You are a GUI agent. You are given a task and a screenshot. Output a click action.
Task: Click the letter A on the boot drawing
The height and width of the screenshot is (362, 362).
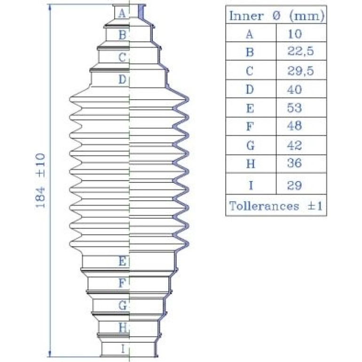pyautogui.click(x=122, y=13)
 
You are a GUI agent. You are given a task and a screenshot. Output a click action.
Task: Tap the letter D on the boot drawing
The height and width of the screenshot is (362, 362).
pyautogui.click(x=122, y=79)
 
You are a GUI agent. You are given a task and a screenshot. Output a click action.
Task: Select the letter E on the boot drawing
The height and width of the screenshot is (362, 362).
pyautogui.click(x=122, y=261)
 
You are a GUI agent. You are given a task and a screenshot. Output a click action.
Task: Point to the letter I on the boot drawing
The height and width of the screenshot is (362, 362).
pyautogui.click(x=123, y=349)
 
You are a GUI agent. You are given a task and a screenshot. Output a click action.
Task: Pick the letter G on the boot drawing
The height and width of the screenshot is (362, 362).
pyautogui.click(x=122, y=305)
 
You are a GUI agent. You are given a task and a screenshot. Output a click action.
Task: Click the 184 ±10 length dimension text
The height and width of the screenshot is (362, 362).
pyautogui.click(x=40, y=181)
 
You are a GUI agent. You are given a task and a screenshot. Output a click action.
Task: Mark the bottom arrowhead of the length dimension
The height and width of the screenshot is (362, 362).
pyautogui.click(x=50, y=354)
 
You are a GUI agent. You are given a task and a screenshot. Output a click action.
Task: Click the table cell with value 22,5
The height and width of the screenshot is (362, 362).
pyautogui.click(x=300, y=51)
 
